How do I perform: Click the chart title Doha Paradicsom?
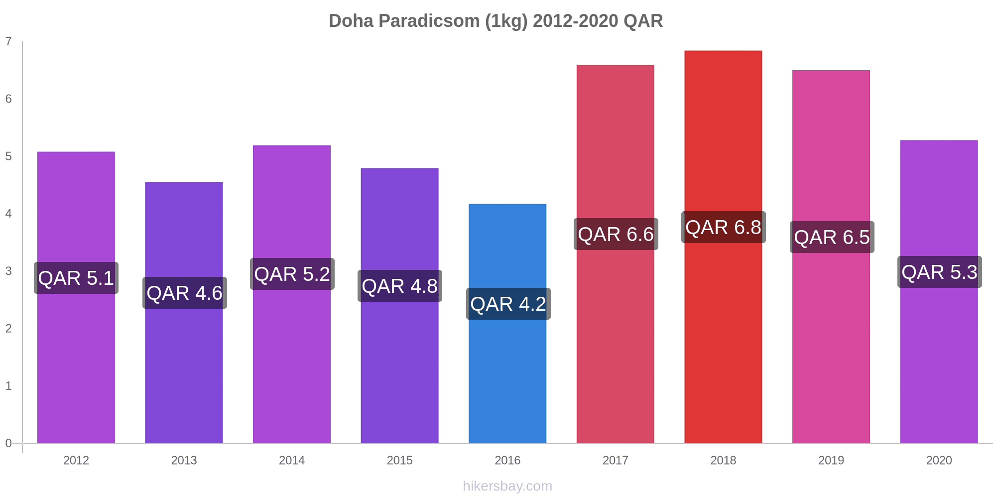(x=496, y=21)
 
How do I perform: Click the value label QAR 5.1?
(x=76, y=278)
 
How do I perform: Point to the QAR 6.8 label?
(x=723, y=228)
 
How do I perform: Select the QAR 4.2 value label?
(x=508, y=304)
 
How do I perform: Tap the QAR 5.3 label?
(x=939, y=272)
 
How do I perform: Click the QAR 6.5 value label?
(x=832, y=237)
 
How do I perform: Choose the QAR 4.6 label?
(x=184, y=293)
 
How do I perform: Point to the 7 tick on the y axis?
(x=8, y=41)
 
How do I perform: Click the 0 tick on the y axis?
(x=8, y=443)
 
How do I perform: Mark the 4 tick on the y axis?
(x=8, y=214)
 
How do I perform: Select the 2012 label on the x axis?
(x=76, y=460)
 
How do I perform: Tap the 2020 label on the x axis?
(x=939, y=460)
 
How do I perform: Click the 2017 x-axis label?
(x=616, y=460)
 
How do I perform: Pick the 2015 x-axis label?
(x=399, y=460)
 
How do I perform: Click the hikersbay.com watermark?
(x=507, y=486)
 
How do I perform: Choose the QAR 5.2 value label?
(x=292, y=274)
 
